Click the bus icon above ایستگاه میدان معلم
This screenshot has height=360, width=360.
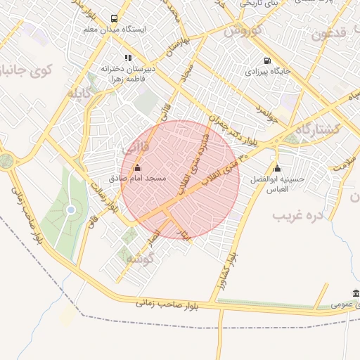tap(114, 18)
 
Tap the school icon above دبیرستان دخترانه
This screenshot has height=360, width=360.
tap(127, 58)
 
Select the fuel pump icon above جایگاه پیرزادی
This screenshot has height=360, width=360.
tap(266, 60)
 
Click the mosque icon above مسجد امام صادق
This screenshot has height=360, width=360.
tap(136, 168)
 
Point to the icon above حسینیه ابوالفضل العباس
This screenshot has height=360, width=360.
tap(277, 168)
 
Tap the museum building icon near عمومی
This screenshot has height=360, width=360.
tap(356, 293)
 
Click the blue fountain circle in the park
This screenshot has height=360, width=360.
tap(70, 210)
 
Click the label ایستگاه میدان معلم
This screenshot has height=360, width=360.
tap(114, 30)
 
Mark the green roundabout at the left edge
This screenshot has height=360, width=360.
tap(6, 160)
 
